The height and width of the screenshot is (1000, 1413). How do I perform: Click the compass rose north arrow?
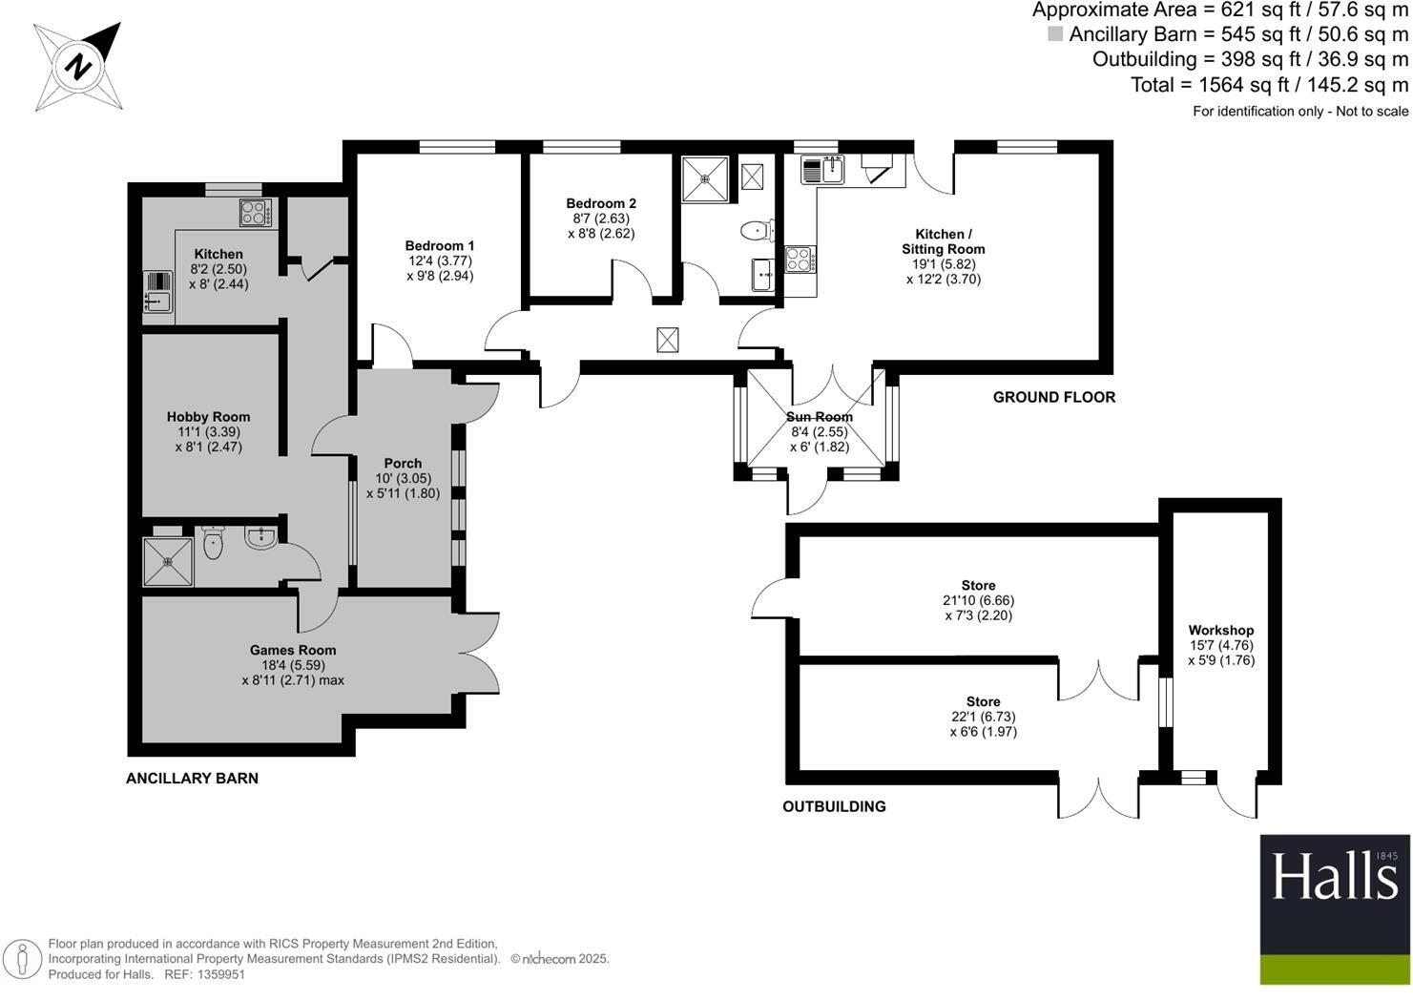[x=78, y=67]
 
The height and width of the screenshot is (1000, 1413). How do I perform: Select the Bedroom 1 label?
[x=439, y=245]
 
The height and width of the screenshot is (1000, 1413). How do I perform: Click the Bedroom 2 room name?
[x=600, y=203]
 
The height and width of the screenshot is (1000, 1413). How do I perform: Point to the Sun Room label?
[x=819, y=417]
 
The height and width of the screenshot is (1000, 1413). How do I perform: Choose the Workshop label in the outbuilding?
[x=1220, y=630]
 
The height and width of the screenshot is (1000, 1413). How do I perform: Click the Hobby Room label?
[x=208, y=417]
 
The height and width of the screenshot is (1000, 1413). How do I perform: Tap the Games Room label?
[x=293, y=650]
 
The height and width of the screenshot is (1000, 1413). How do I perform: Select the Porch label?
[x=403, y=463]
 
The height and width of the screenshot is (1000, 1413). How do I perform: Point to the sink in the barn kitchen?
[x=156, y=292]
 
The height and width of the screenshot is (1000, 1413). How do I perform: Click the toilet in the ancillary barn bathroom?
[x=213, y=543]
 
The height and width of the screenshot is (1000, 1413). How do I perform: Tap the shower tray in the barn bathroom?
[x=168, y=562]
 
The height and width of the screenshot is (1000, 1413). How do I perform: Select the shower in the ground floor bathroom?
[x=705, y=178]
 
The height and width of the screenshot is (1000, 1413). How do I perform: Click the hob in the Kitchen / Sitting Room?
[x=800, y=259]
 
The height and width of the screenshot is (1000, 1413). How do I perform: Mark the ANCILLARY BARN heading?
[x=192, y=778]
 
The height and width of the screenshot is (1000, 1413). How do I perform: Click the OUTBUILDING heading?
[x=834, y=806]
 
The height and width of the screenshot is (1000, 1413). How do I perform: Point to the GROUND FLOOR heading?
[x=1053, y=397]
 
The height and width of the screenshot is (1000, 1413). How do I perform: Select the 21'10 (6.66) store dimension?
[x=978, y=600]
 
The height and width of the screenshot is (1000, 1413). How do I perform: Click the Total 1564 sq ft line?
[x=1269, y=85]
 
